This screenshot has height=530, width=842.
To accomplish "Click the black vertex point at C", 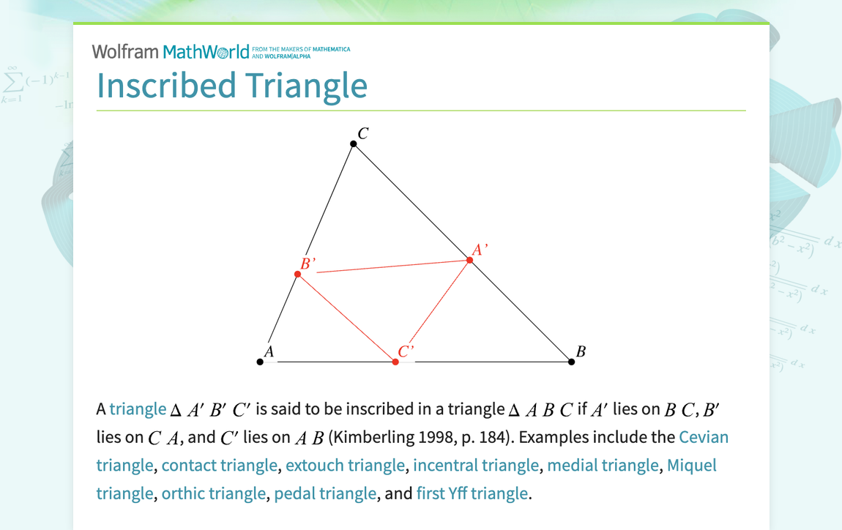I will tap(354, 144).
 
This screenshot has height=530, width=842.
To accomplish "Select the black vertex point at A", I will tap(260, 362).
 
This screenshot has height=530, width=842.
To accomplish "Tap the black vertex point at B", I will tap(572, 362).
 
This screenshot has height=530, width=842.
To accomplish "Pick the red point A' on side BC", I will tap(470, 261).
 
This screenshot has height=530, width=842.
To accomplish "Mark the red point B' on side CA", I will tap(297, 275).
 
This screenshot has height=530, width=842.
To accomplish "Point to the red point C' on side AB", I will tap(395, 362).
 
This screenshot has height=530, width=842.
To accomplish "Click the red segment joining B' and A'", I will tap(388, 267).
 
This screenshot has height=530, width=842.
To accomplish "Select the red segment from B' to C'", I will tap(346, 318).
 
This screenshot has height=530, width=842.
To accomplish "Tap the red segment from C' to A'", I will tap(433, 311).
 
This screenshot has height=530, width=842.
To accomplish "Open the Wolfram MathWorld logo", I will tap(171, 51).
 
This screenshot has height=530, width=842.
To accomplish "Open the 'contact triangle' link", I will tap(219, 466).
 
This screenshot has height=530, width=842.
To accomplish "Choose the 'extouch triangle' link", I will tap(345, 466).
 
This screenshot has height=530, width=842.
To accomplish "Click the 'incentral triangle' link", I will tap(476, 466).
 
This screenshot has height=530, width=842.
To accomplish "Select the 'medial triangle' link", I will tap(603, 466).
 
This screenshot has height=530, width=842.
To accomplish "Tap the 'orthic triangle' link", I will tap(213, 493).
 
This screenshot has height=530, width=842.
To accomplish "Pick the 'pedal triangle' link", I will tap(325, 493).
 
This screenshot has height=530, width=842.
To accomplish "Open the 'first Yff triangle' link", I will tap(472, 493).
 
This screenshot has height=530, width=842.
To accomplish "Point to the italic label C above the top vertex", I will tap(362, 133).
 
